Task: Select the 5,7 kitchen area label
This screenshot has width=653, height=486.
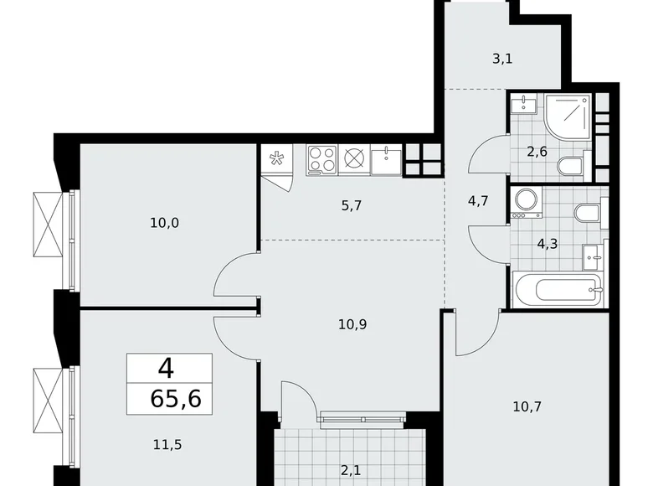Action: pos(352,204)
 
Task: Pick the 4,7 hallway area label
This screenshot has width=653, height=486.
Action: pos(476,199)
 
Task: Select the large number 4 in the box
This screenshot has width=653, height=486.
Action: pos(169,367)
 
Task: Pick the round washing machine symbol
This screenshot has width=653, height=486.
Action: pos(527,199)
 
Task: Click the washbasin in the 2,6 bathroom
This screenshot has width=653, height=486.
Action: pos(526,104)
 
